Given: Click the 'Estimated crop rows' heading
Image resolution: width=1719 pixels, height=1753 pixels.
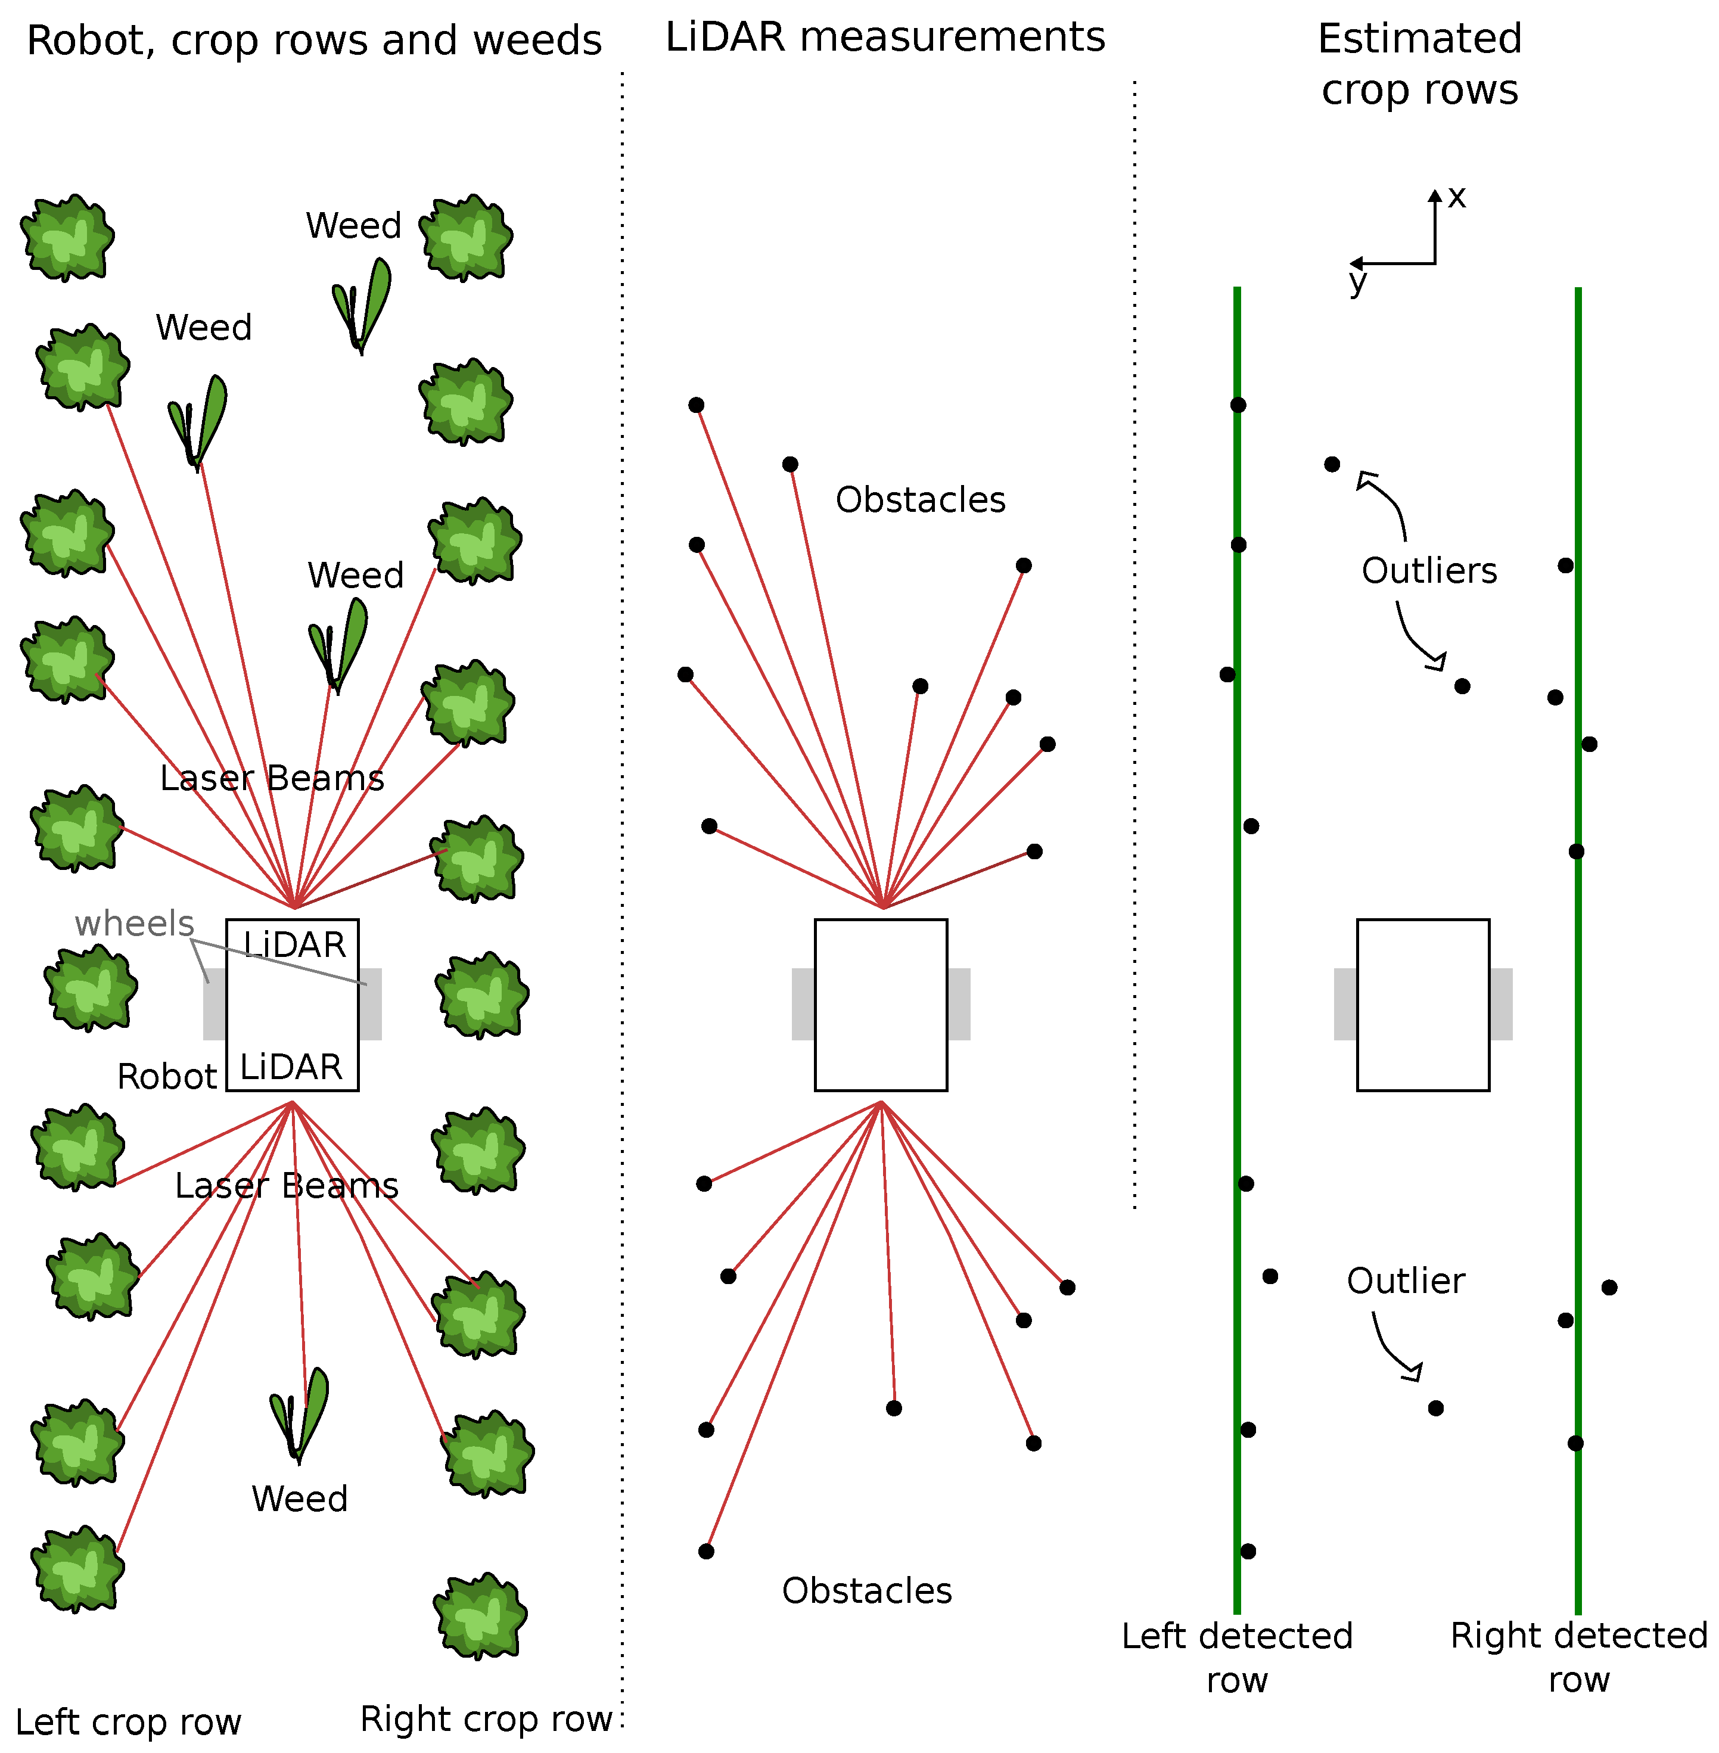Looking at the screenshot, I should tap(1419, 63).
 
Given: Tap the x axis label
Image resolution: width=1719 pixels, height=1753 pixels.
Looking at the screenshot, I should tap(1456, 197).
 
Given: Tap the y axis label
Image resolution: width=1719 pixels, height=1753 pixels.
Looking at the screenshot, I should tap(1357, 282).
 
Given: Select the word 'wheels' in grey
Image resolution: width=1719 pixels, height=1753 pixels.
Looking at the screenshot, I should tap(135, 924).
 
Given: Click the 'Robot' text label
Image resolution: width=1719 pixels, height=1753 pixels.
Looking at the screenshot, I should tap(167, 1077).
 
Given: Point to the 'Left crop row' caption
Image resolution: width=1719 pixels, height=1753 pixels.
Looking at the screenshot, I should tap(128, 1721).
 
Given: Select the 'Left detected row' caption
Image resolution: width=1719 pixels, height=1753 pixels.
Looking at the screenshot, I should tap(1237, 1656).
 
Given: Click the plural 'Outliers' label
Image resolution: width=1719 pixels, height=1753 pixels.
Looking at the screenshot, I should tap(1429, 570).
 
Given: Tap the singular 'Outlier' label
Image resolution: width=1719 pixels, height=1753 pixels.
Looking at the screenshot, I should tap(1406, 1280).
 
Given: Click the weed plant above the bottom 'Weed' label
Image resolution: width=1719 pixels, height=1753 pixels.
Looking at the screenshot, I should tap(299, 1413).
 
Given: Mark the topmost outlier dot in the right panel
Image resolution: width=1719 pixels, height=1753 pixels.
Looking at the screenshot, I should tap(1332, 464).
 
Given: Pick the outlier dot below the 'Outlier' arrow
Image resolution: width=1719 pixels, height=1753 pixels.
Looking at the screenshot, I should tap(1435, 1408).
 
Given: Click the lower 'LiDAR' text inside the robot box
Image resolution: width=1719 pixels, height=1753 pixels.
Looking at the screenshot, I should tap(291, 1067).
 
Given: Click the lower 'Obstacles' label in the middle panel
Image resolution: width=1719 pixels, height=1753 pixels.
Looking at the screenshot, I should tap(867, 1590).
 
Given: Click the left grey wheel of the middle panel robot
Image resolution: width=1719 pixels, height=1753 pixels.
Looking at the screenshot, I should tap(803, 1004).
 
